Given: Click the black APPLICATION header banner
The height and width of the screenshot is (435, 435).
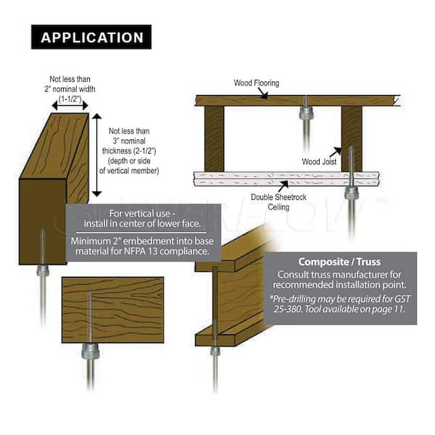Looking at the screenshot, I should click(91, 37).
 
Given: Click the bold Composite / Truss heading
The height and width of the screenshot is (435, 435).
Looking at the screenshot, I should click(340, 262).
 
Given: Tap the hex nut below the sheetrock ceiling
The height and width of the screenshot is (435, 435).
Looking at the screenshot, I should click(352, 193).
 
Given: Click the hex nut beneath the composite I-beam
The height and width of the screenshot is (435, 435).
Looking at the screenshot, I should click(215, 351).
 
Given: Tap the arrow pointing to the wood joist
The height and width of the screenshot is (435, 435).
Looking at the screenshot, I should click(335, 152).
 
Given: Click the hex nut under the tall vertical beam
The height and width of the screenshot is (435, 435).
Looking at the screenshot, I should click(42, 270).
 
